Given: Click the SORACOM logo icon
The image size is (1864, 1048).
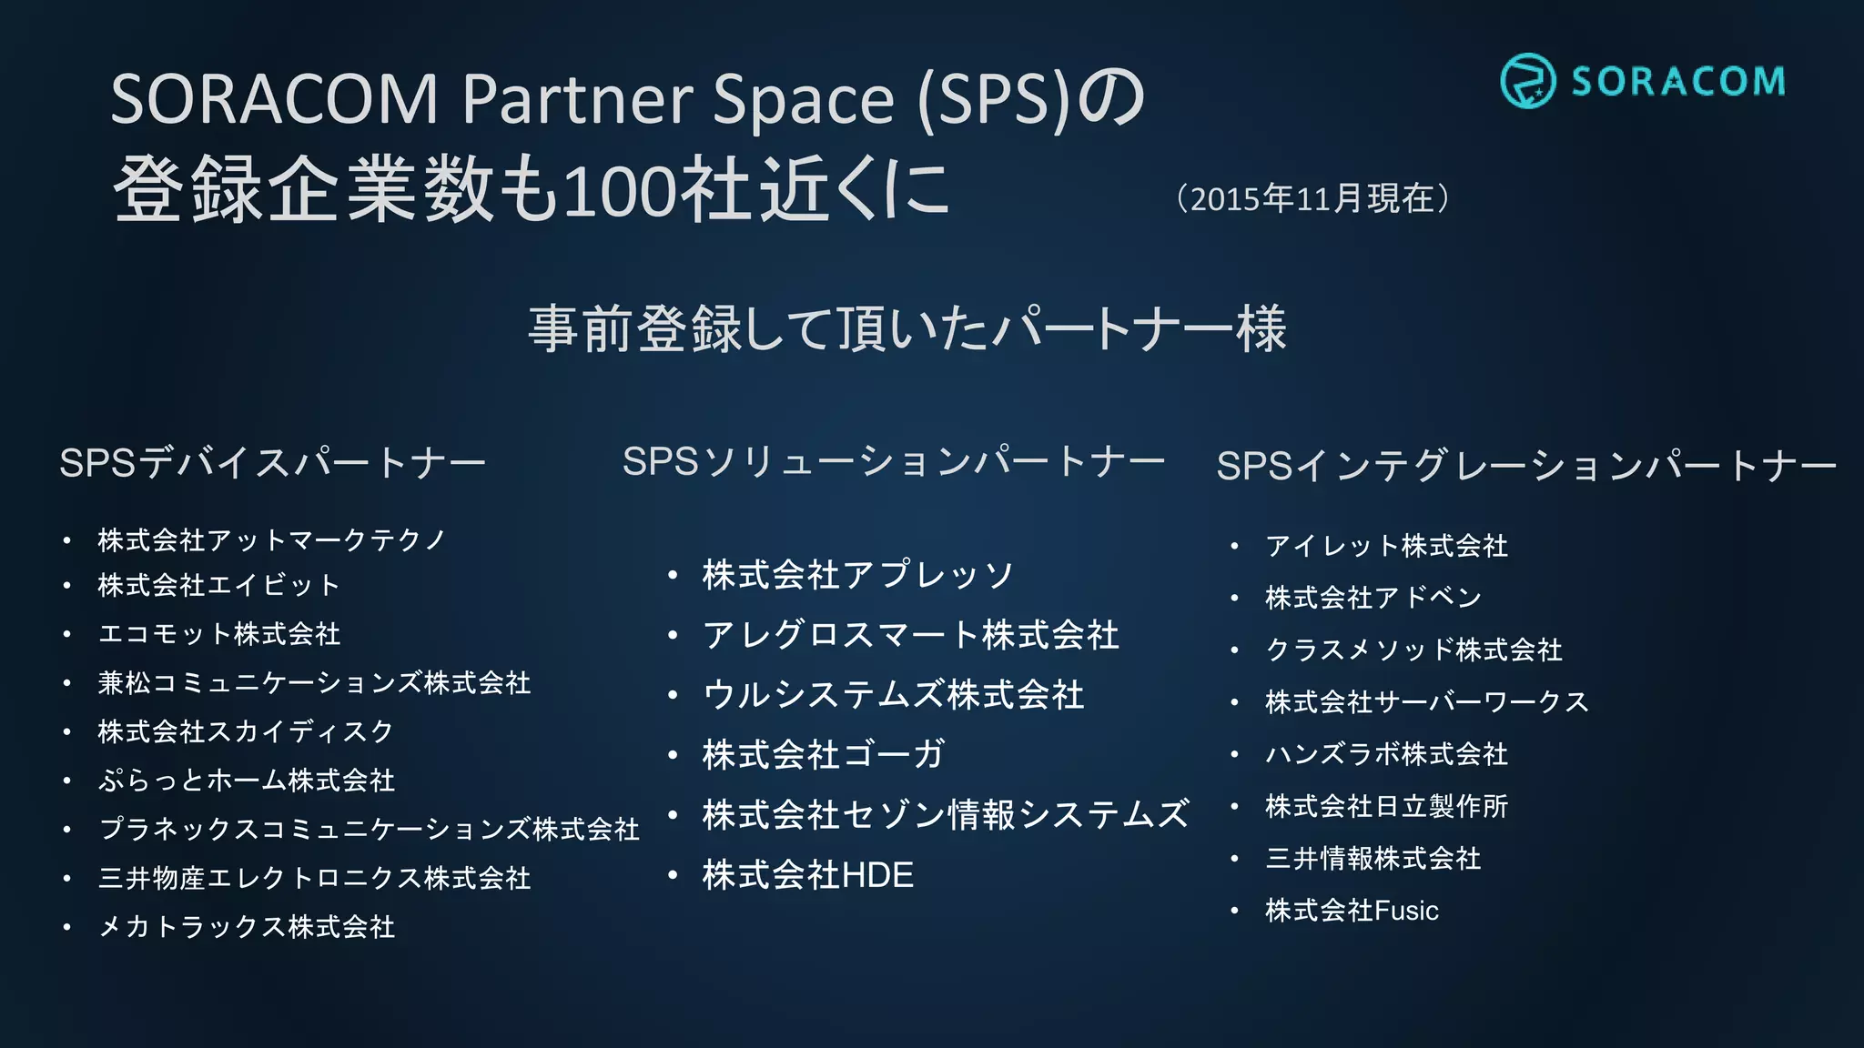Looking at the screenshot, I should click(1527, 80).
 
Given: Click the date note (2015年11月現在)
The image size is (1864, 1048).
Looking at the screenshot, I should click(1312, 198).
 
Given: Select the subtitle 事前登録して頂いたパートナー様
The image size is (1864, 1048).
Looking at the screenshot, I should click(907, 328).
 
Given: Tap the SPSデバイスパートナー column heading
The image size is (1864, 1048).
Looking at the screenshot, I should click(272, 463).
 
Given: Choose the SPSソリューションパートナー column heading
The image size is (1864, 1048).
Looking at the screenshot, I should click(893, 462).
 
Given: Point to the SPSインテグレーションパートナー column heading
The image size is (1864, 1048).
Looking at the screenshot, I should click(1525, 466).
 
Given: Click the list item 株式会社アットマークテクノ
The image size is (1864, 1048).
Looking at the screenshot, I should click(271, 540).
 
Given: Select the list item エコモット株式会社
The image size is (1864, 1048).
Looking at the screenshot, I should click(219, 634).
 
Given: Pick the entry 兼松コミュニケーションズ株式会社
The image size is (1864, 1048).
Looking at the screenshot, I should click(314, 683).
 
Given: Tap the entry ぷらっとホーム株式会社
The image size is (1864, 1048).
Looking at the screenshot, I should click(247, 781).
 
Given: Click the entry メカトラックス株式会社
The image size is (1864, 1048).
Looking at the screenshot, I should click(247, 927).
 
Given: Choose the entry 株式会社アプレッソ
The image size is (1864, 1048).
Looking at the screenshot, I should click(857, 575).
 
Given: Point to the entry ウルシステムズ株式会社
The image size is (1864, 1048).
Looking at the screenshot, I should click(893, 695).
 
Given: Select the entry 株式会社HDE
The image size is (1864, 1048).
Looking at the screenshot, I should click(807, 875).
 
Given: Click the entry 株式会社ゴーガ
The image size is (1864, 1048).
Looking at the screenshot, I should click(823, 755).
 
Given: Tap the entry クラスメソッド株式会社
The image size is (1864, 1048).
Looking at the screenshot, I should click(1413, 650).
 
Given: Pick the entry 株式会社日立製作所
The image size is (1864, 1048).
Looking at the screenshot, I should click(1386, 807).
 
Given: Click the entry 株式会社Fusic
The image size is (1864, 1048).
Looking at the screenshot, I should click(1352, 911).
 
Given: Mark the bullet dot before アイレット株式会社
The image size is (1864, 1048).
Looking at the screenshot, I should click(1234, 547).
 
